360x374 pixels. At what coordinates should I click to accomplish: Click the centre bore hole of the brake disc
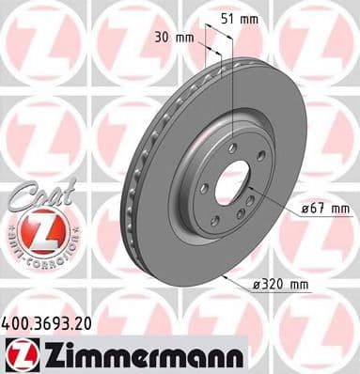232,180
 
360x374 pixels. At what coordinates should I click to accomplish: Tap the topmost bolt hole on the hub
230,146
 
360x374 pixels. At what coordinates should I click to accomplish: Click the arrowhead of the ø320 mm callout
227,278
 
